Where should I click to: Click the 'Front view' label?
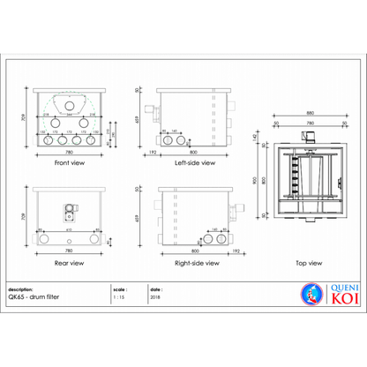[69, 163]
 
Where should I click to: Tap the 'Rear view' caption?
[69, 262]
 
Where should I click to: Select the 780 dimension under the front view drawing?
[69, 153]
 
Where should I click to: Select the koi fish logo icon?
[309, 293]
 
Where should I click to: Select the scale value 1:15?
[119, 298]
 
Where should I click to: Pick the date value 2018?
[155, 298]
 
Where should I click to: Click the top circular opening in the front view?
[69, 105]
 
